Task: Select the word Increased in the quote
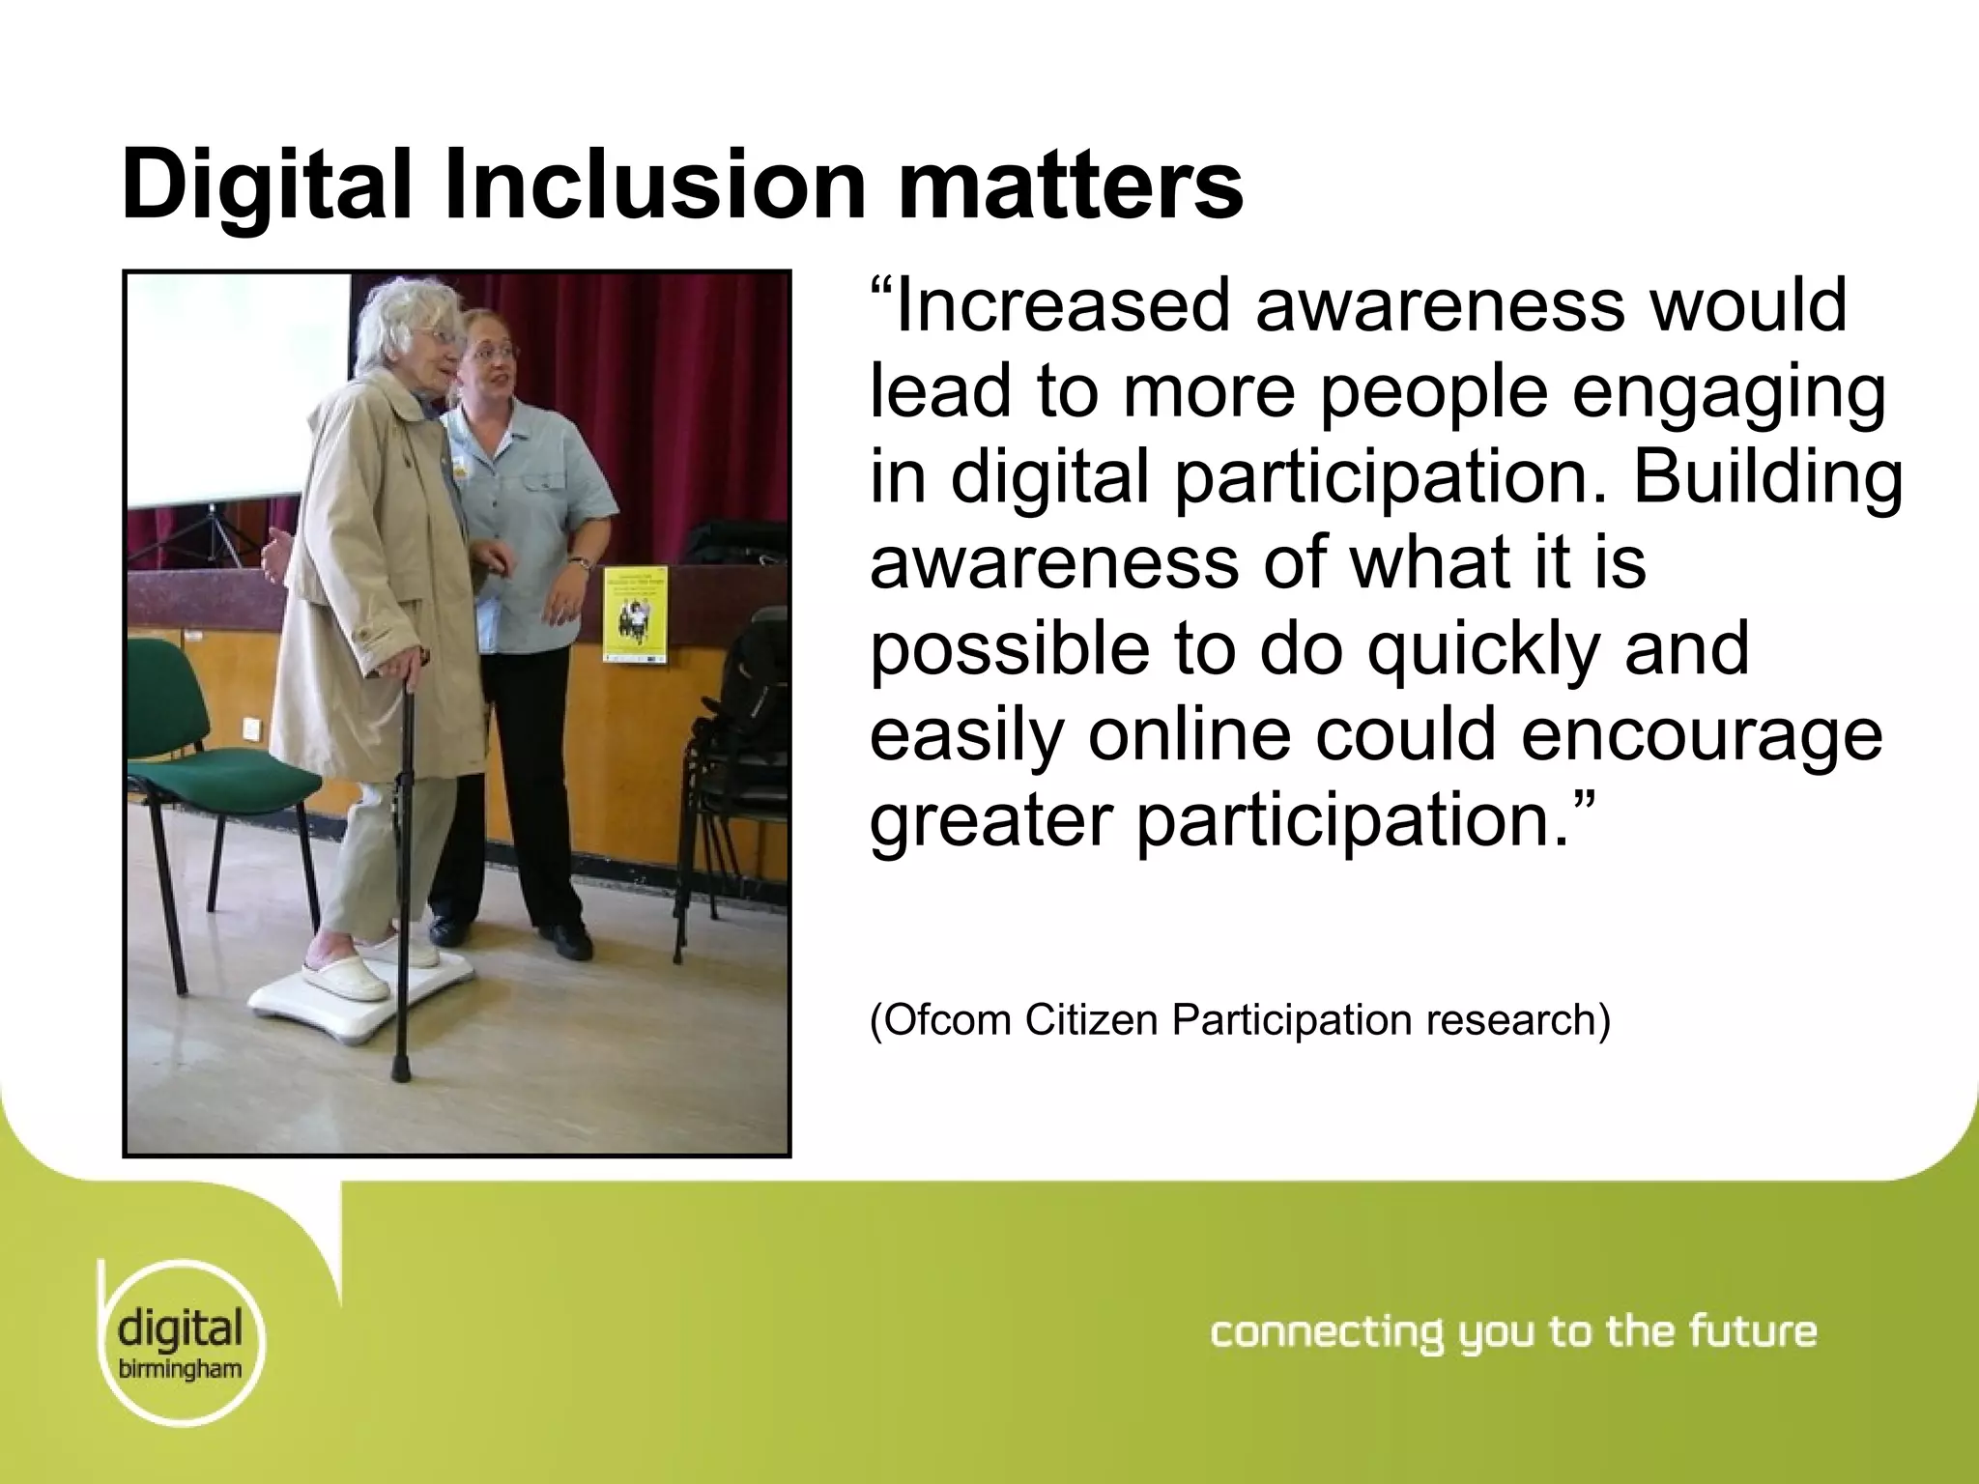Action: (x=1063, y=306)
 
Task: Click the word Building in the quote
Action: (x=1767, y=477)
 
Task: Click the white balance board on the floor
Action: (x=362, y=995)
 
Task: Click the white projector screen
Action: (x=237, y=386)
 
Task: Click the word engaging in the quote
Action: (x=1729, y=392)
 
